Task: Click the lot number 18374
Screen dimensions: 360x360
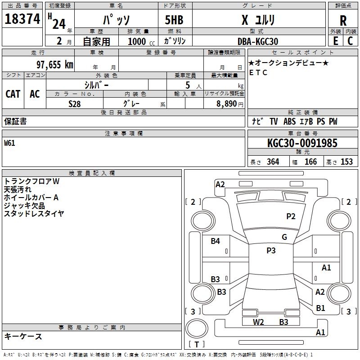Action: [22, 19]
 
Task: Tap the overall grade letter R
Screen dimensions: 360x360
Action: [343, 20]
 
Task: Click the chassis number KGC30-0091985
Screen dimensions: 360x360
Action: [302, 143]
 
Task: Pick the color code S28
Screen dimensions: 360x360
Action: [75, 103]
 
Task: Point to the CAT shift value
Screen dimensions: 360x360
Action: [13, 94]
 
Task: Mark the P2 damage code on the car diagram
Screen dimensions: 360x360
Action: [291, 216]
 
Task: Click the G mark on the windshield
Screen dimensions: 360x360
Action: [284, 237]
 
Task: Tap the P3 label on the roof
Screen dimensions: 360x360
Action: [270, 251]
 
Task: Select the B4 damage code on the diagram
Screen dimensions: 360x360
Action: [216, 241]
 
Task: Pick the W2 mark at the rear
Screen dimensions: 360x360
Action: [258, 322]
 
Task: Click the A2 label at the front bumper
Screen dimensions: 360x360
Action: [220, 184]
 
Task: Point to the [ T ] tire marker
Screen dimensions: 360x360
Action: [196, 344]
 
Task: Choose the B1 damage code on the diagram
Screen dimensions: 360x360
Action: [320, 308]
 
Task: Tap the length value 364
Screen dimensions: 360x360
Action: [273, 162]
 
